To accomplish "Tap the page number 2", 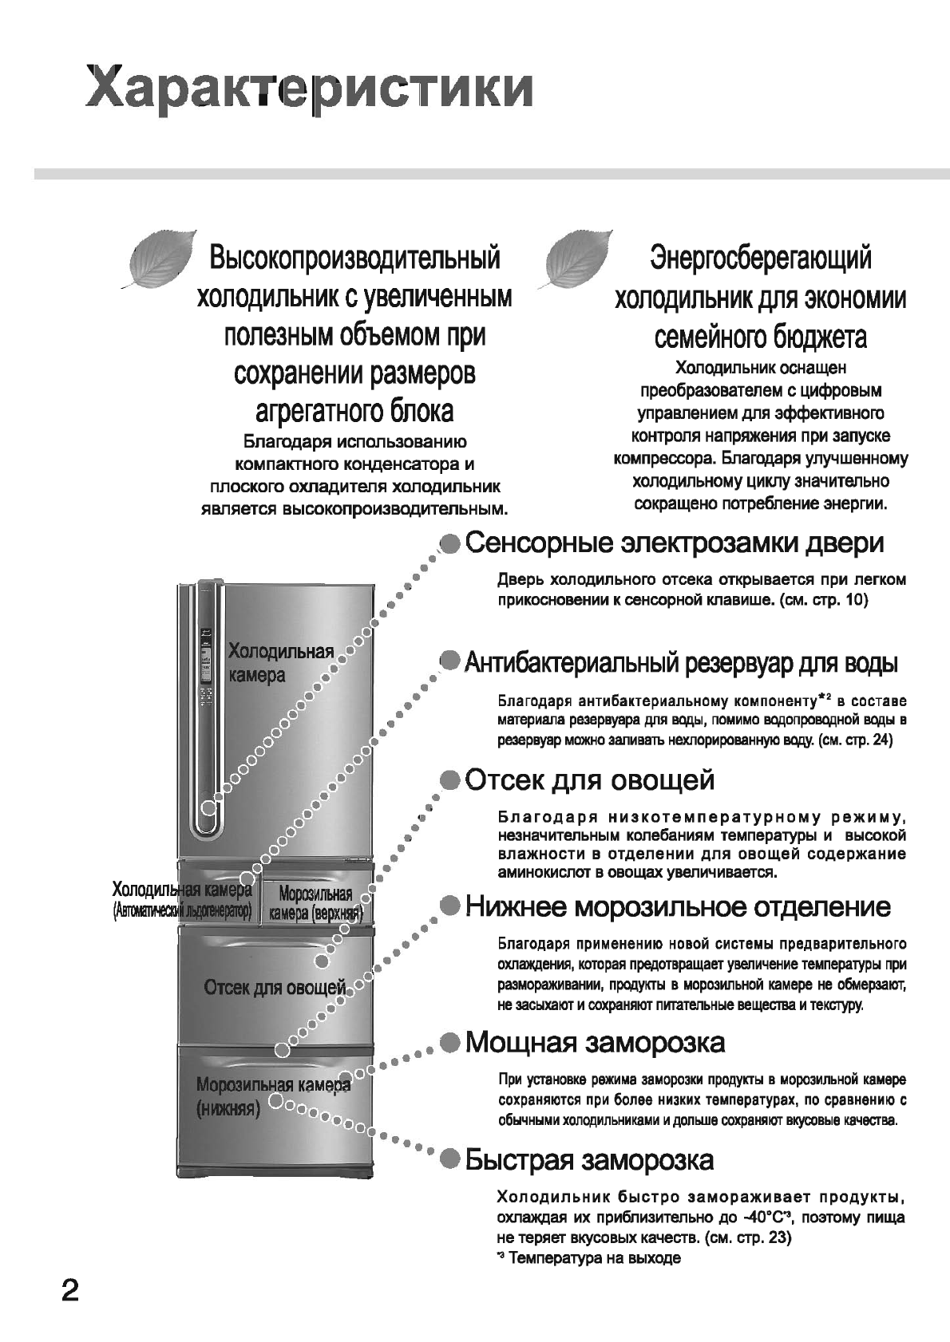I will coord(70,1290).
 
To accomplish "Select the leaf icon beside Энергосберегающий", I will coord(577,259).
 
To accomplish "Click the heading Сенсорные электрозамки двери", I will coord(675,543).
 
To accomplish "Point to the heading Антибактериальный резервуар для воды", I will coord(681,662).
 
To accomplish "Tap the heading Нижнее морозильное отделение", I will coord(678,906).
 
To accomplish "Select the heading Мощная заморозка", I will coord(595,1042).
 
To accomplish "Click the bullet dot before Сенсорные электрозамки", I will coord(451,544).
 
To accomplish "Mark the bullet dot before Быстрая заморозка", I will coord(451,1159).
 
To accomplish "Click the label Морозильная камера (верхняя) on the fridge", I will coord(315,903).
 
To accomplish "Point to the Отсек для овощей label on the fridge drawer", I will coord(275,988).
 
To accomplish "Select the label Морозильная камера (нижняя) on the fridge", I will coord(271,1096).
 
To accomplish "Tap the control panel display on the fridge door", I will coord(206,666).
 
